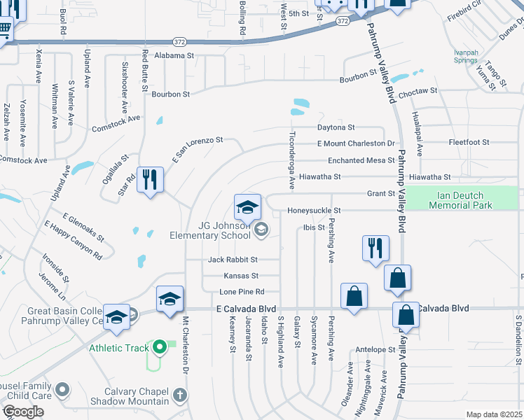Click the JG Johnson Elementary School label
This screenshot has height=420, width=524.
click(x=210, y=230)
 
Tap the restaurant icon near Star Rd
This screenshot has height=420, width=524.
click(x=150, y=181)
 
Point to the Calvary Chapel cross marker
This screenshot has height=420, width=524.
click(x=179, y=396)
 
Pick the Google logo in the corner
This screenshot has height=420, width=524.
click(x=23, y=412)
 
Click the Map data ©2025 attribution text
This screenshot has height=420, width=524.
click(x=494, y=414)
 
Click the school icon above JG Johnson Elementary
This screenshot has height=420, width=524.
click(x=247, y=206)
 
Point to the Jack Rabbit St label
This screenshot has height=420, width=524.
click(x=233, y=259)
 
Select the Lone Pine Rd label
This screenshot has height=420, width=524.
click(x=241, y=291)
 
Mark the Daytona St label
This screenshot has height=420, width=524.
click(x=336, y=127)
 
